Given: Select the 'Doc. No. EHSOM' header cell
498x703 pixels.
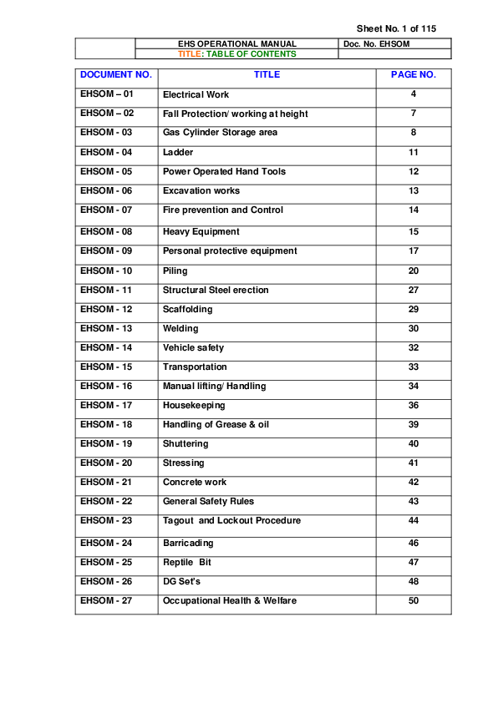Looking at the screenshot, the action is [x=376, y=44].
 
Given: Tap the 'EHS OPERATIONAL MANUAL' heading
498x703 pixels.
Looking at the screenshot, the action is [x=237, y=44].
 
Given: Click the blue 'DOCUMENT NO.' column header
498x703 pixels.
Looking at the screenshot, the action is [x=116, y=74].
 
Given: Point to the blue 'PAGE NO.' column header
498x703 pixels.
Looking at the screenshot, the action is [x=413, y=74].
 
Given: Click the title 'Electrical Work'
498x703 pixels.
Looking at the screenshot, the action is [x=196, y=94].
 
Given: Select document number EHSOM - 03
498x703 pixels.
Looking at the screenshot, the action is [x=106, y=133].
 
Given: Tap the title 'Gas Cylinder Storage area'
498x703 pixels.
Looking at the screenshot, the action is [x=220, y=133].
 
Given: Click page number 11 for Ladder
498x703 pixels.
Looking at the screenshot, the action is [x=413, y=152].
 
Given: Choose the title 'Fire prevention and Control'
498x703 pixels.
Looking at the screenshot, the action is [x=223, y=210].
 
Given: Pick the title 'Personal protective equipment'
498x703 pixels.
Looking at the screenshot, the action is [x=230, y=251].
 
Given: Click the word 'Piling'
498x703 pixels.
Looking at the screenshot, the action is [x=175, y=271].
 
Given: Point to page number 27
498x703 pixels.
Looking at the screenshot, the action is [x=413, y=291].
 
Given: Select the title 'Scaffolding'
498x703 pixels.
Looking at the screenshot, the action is [x=188, y=310].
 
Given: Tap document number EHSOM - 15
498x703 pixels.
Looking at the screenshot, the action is [x=106, y=367].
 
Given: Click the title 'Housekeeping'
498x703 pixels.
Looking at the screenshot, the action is [x=194, y=406].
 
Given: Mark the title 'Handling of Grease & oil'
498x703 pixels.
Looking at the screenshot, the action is [x=216, y=425].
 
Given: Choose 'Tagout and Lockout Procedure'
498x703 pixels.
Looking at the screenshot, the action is [x=231, y=521].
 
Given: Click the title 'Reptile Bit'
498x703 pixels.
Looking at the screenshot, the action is [x=187, y=563].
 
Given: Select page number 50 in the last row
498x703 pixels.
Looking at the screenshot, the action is [x=413, y=601].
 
